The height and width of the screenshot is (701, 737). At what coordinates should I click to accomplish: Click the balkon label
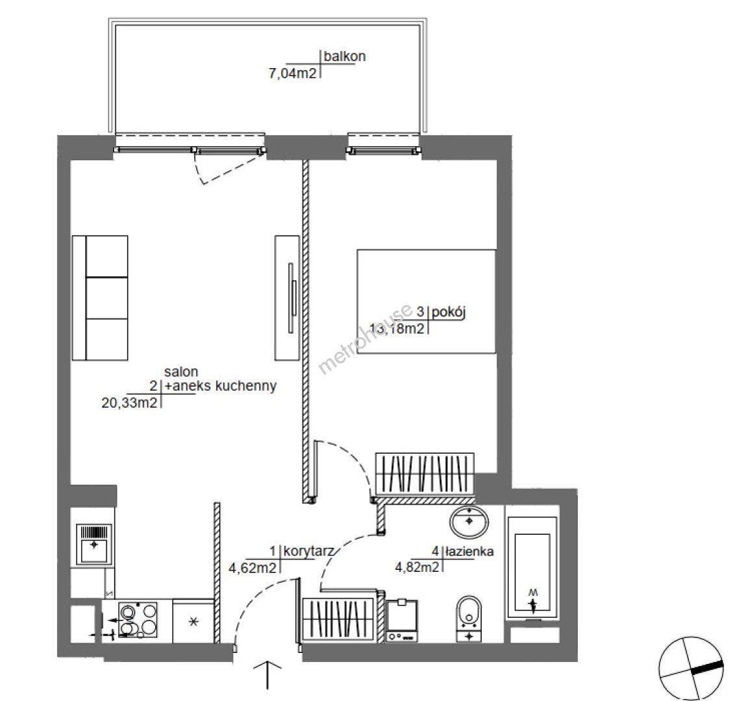coord(345,56)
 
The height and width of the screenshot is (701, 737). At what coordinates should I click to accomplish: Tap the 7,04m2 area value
coord(293,73)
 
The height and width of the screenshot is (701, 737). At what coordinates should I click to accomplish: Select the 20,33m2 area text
coord(129,402)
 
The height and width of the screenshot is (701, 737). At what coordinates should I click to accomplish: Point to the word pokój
coord(449,312)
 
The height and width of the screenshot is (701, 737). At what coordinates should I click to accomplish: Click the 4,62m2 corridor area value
coord(253,568)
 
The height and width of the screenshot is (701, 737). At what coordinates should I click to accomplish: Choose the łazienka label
coord(469,551)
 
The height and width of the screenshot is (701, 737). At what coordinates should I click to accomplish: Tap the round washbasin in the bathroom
coord(469,522)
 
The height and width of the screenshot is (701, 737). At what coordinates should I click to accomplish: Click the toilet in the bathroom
coord(469,619)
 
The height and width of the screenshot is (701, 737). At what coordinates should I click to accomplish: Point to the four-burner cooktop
coord(138,620)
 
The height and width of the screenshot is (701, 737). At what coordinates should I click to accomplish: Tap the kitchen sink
coord(94,544)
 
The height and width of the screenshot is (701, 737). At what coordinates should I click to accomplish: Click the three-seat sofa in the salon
coord(100,298)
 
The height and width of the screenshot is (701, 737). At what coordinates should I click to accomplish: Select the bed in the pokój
coord(427,301)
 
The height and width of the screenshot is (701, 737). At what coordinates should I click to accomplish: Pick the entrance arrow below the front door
coord(268,675)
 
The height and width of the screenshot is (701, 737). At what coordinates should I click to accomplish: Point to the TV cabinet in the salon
coord(287,298)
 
